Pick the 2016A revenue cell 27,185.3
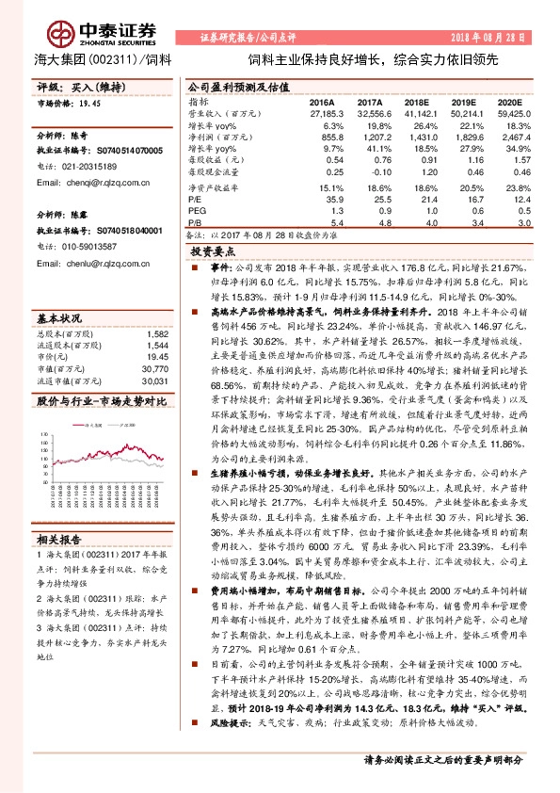coord(321,112)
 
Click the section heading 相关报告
coord(54,540)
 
